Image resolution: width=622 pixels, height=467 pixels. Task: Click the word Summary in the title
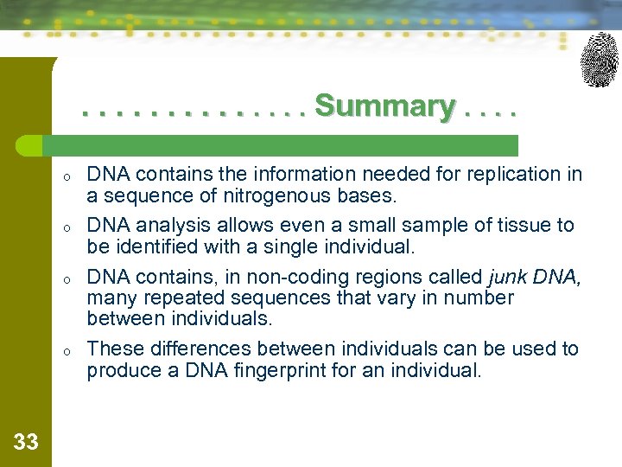coord(384,106)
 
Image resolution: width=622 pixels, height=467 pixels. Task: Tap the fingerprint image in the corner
coord(600,60)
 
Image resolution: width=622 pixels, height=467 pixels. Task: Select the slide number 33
coord(26,443)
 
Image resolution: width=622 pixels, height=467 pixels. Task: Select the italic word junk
coord(507,278)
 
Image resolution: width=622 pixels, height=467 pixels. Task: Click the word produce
coord(122,371)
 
